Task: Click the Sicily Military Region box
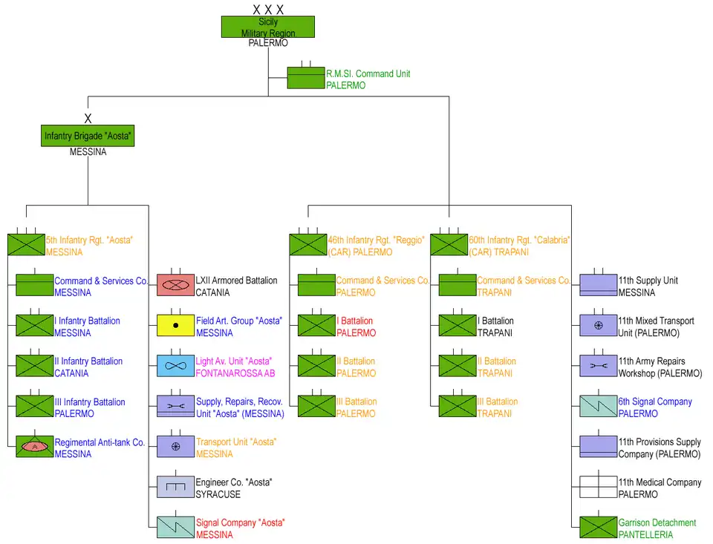(x=268, y=27)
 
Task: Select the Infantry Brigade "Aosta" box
(x=88, y=136)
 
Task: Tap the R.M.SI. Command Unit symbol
(x=306, y=79)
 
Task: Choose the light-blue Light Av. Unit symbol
(x=175, y=366)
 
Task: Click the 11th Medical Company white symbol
(x=598, y=487)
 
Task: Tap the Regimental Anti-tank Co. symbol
(x=35, y=447)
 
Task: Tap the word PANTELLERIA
(x=646, y=535)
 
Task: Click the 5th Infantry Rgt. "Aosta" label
(x=89, y=240)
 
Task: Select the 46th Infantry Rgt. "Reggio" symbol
(x=307, y=245)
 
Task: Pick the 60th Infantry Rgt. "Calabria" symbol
(x=449, y=245)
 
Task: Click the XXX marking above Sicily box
(x=268, y=10)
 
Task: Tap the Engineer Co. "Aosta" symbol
(x=175, y=487)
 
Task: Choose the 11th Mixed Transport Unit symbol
(x=598, y=326)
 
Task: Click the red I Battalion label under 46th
(x=355, y=321)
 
